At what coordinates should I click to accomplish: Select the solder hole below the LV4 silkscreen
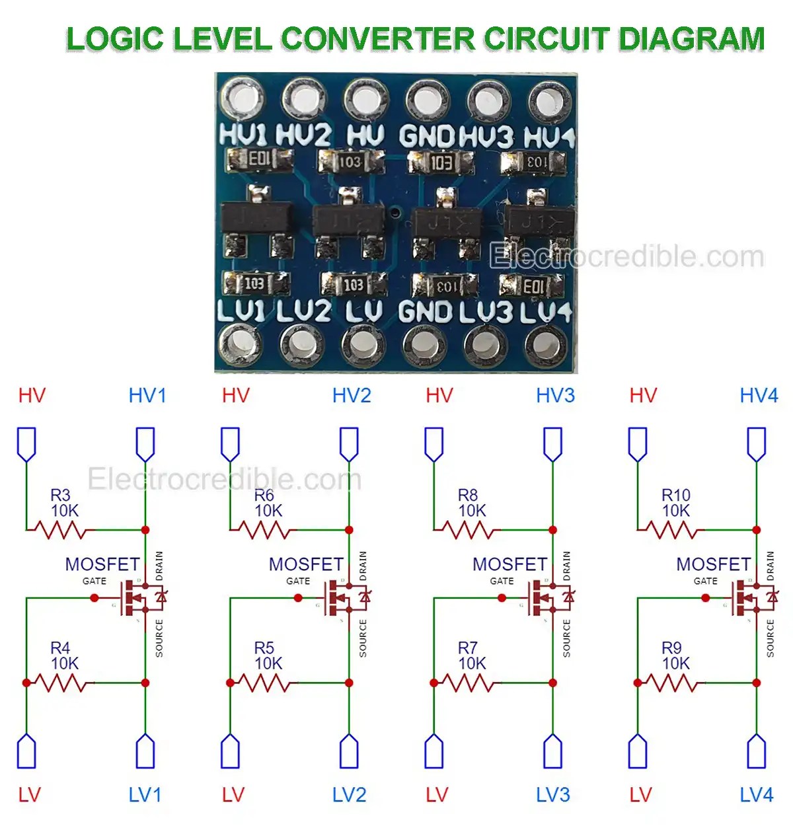click(546, 345)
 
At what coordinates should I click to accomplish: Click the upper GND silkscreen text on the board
click(427, 137)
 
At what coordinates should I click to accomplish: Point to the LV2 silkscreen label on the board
click(303, 311)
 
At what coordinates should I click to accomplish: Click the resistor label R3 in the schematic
click(60, 495)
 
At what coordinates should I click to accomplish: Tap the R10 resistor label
click(675, 495)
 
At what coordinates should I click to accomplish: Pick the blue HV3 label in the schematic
click(555, 396)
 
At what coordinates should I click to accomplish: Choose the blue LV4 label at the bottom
click(756, 794)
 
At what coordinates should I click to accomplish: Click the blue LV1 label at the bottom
click(145, 794)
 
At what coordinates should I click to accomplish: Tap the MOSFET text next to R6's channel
click(306, 564)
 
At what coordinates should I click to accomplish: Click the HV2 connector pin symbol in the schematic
click(349, 443)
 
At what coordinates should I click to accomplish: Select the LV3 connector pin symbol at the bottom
click(552, 751)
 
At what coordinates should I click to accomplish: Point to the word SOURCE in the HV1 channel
click(159, 638)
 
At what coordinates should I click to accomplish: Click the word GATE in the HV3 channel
click(502, 581)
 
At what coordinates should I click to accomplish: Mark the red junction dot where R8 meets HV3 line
click(552, 530)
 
